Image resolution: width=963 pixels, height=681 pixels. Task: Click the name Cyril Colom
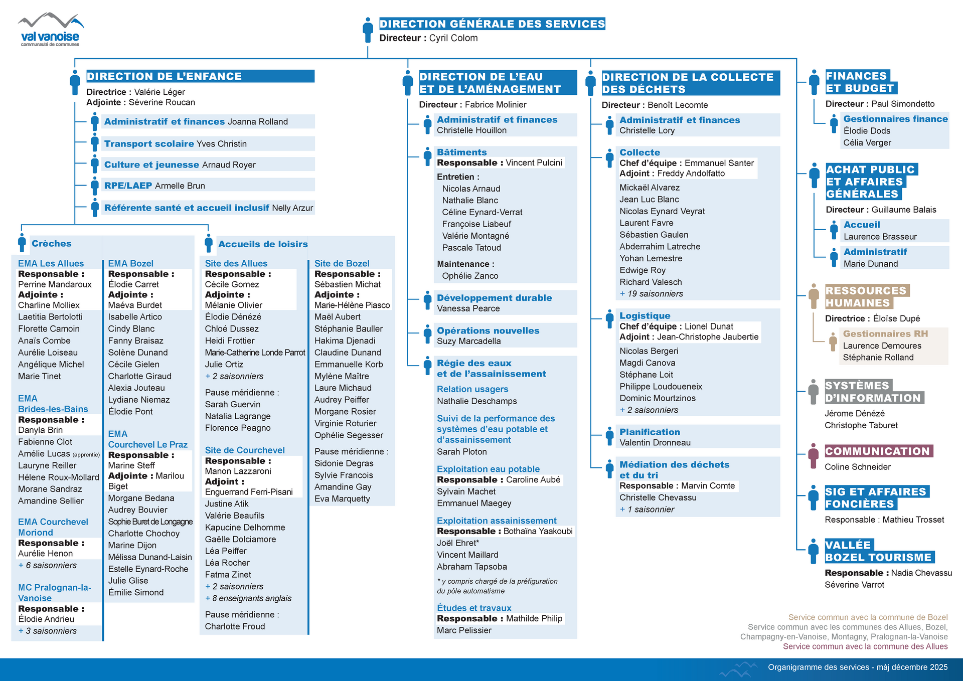(453, 38)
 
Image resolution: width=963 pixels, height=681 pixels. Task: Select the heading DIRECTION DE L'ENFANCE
(164, 76)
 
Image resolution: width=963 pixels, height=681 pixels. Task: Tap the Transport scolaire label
(149, 144)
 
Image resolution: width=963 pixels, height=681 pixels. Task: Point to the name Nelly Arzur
(292, 208)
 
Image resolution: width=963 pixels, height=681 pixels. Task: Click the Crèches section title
(51, 244)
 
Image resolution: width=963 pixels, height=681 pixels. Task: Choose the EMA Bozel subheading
(130, 264)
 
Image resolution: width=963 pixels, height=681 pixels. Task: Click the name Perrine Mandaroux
(55, 284)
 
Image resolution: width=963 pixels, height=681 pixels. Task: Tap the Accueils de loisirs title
(263, 244)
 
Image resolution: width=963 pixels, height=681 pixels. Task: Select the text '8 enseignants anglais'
(251, 598)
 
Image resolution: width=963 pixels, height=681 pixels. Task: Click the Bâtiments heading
(461, 152)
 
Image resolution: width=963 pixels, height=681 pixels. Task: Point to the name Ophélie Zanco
(470, 276)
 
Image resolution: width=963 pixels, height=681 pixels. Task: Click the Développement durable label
(494, 298)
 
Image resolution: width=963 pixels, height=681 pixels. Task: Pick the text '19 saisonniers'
(655, 294)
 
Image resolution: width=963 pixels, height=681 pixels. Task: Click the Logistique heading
(645, 316)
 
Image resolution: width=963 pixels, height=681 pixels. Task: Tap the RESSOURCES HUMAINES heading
(866, 297)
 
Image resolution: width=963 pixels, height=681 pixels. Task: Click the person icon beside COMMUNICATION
(814, 455)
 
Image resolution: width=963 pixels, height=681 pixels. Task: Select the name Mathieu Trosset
(913, 520)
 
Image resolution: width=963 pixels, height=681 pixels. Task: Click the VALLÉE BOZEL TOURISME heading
(878, 551)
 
